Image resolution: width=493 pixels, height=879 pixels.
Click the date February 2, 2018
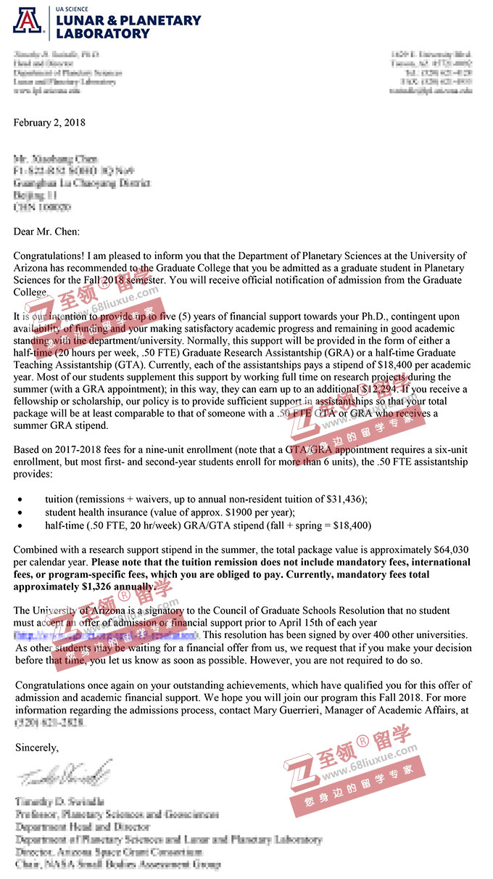point(49,122)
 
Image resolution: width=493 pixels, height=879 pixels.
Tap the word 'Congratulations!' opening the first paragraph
point(48,255)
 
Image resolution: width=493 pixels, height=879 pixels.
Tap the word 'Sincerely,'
point(36,746)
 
